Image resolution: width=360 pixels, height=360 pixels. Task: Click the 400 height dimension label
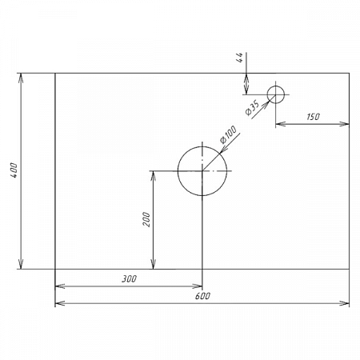pos(14,170)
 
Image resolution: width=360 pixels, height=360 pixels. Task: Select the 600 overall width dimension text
pos(202,296)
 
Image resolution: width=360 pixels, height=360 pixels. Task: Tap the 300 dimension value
pos(130,279)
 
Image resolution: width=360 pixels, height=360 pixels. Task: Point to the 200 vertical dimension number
pos(146,219)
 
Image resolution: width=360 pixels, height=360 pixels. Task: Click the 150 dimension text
pos(313,117)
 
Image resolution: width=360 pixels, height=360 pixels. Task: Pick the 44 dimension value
pos(240,58)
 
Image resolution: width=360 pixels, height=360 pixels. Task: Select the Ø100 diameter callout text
pos(228,134)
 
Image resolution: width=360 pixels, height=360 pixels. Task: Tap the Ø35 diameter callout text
pos(252,108)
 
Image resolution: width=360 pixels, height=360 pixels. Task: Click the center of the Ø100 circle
pos(202,170)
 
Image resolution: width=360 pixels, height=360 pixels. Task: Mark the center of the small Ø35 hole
pos(276,94)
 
